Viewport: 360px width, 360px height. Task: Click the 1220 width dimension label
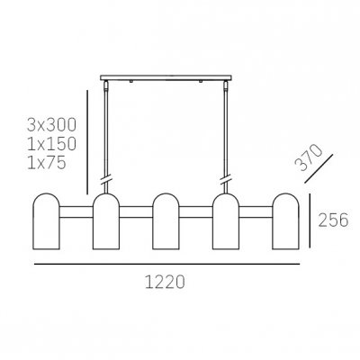165,282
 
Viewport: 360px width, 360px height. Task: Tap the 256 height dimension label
333,220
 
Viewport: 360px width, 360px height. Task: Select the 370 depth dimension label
308,157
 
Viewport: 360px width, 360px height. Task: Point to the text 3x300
51,125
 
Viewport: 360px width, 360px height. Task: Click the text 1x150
51,144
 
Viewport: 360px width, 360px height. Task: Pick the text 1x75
47,163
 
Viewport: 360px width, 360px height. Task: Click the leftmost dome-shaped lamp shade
46,221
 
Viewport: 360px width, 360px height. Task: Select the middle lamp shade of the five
166,221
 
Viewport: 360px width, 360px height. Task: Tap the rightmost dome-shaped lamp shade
285,221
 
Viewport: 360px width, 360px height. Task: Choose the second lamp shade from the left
106,221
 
